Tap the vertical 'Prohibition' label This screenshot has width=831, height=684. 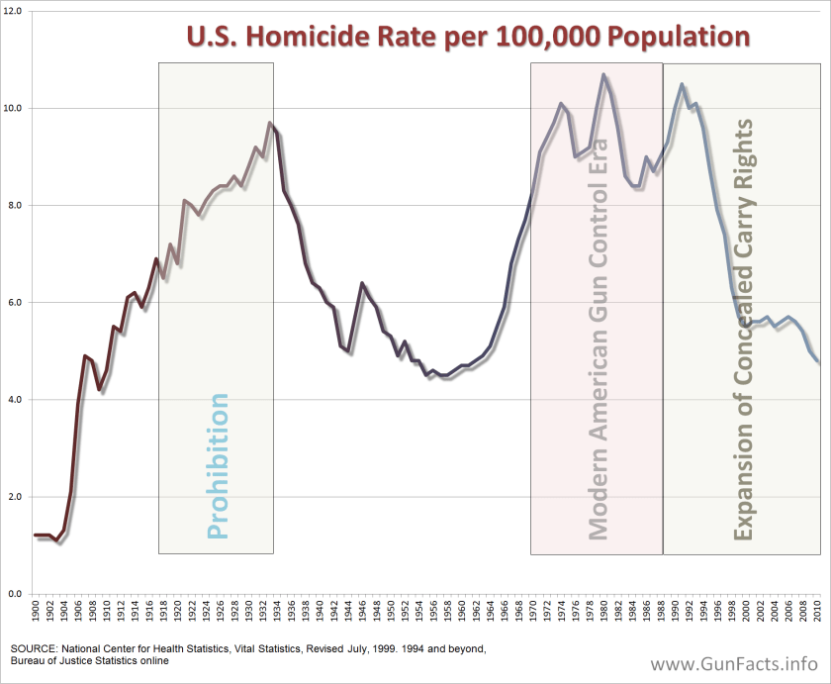[219, 465]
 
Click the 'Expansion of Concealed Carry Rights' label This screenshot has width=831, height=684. [743, 332]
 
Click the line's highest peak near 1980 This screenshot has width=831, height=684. [603, 74]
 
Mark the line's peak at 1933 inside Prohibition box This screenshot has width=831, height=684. [270, 123]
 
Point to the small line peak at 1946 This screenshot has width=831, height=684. [362, 283]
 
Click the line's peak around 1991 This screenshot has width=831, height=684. [682, 84]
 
